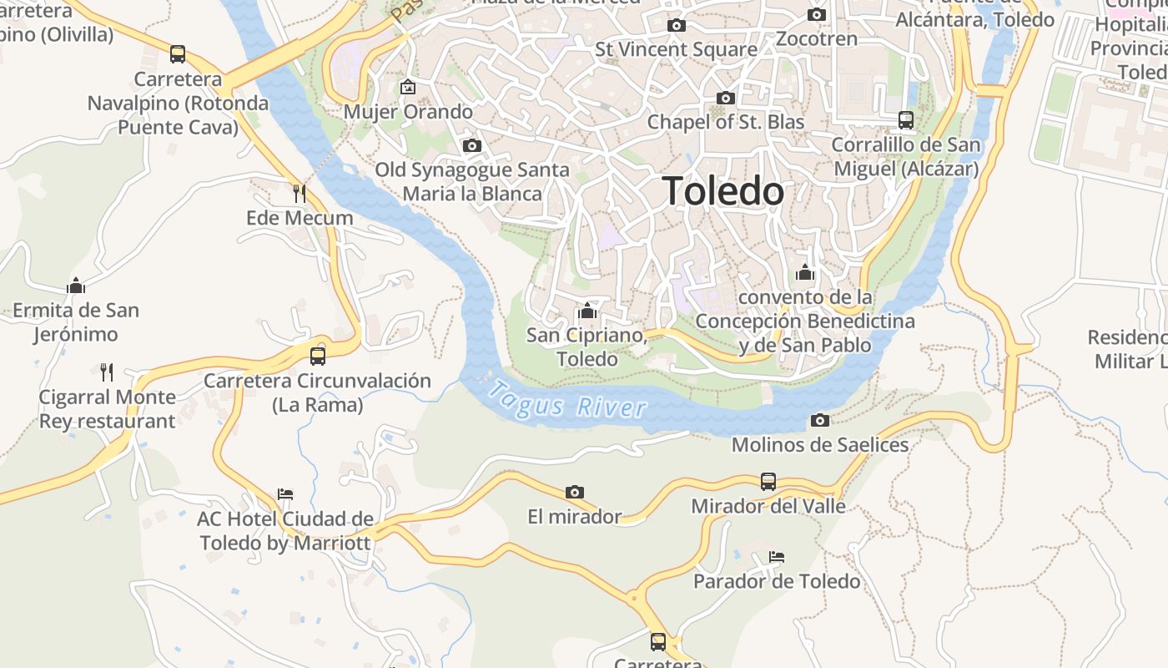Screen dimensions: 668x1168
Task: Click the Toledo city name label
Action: pyautogui.click(x=722, y=191)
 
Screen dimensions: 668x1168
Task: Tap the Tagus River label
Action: pyautogui.click(x=567, y=400)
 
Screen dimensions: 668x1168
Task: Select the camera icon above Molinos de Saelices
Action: pyautogui.click(x=820, y=420)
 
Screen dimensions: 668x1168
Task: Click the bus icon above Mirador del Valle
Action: pyautogui.click(x=768, y=482)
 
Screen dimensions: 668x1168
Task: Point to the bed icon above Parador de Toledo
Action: pyautogui.click(x=777, y=556)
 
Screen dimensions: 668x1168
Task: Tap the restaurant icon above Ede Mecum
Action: pyautogui.click(x=300, y=194)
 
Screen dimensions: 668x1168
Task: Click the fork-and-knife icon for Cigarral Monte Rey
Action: pyautogui.click(x=107, y=372)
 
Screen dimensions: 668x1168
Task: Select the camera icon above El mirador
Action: pyautogui.click(x=574, y=492)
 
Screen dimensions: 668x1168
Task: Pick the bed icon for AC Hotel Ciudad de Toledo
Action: pyautogui.click(x=285, y=494)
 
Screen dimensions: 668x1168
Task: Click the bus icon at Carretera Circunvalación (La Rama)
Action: pyautogui.click(x=317, y=357)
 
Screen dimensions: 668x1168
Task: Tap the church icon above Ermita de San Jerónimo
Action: pyautogui.click(x=76, y=286)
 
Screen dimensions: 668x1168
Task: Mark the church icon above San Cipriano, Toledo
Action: pyautogui.click(x=587, y=311)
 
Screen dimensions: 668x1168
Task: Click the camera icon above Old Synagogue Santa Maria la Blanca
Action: pyautogui.click(x=471, y=146)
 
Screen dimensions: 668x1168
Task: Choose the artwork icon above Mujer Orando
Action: pyautogui.click(x=408, y=87)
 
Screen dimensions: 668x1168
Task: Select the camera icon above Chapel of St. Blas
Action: pyautogui.click(x=725, y=99)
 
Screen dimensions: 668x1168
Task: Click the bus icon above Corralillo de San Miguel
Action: pyautogui.click(x=906, y=120)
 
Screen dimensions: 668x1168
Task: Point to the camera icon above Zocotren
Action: pyautogui.click(x=817, y=15)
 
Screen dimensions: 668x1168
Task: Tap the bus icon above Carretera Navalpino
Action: pyautogui.click(x=178, y=54)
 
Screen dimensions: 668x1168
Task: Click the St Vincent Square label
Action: pyautogui.click(x=676, y=49)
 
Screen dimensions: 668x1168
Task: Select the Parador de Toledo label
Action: pyautogui.click(x=777, y=581)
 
